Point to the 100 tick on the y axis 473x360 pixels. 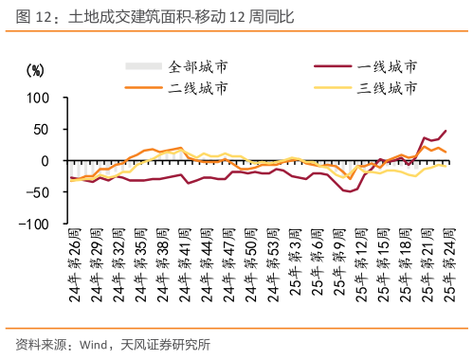coord(37,98)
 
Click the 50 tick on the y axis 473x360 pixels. coord(41,130)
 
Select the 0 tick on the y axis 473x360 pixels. coord(45,161)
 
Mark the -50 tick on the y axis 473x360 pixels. coord(37,193)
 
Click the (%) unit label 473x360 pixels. coord(35,70)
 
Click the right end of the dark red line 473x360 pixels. coord(446,131)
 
